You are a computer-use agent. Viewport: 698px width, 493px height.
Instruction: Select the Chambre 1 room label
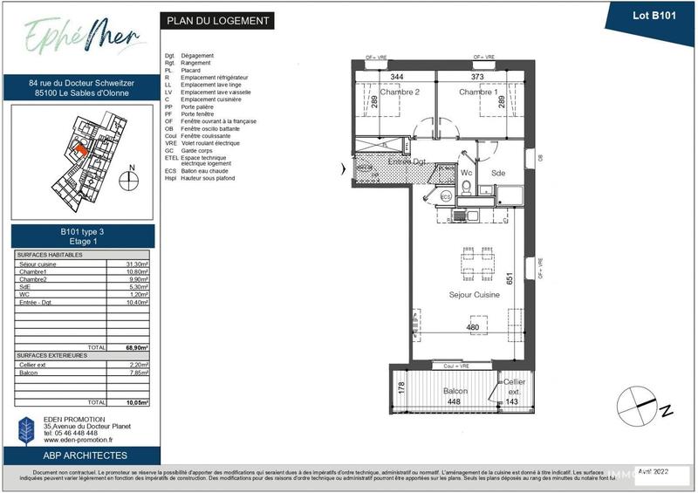coord(478,92)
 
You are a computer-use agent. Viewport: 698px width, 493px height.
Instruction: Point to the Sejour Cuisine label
coord(475,297)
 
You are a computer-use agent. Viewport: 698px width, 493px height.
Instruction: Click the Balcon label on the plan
coord(455,391)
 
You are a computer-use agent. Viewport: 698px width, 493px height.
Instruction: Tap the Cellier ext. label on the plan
coord(513,387)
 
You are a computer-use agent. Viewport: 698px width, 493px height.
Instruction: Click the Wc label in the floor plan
coord(467,174)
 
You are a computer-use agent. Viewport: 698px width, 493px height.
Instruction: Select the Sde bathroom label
coord(498,174)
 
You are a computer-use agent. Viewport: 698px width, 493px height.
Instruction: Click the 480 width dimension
coord(473,327)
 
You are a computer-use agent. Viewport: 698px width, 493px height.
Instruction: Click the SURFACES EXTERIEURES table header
coord(51,356)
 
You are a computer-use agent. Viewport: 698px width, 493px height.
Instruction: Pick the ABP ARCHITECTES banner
coord(85,455)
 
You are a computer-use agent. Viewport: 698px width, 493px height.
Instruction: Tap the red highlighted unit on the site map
coord(79,149)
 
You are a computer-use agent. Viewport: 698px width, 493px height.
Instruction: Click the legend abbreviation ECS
coord(170,171)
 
